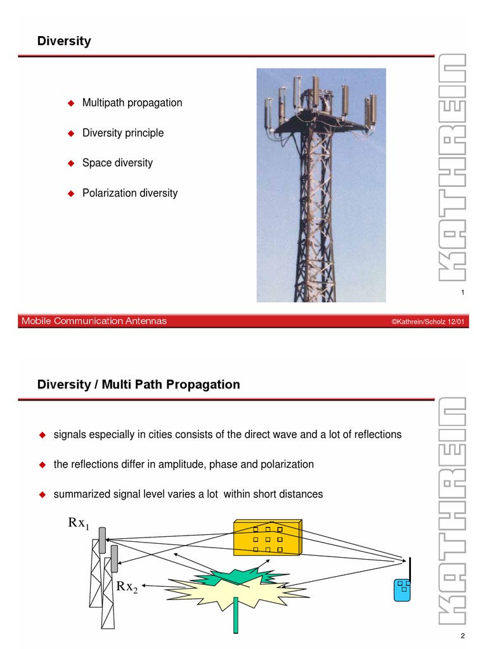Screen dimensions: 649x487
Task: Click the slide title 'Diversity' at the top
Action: pos(64,42)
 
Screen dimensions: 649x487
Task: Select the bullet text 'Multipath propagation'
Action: pos(132,103)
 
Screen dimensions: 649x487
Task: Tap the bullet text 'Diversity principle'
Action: pos(123,133)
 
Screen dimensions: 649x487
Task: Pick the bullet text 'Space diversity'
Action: pos(117,163)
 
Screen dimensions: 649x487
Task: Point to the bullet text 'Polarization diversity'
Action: pos(130,193)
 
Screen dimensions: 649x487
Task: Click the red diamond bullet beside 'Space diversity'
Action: pos(71,163)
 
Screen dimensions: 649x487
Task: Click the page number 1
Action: pos(463,292)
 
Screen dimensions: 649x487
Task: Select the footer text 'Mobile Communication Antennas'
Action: pos(94,321)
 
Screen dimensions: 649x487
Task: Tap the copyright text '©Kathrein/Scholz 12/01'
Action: pos(428,322)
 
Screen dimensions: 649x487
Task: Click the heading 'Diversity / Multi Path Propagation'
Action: pos(139,384)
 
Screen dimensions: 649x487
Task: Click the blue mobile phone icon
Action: pos(402,589)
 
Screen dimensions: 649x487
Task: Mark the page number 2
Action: pos(463,636)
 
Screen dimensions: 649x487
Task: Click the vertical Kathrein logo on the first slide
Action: pos(453,168)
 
